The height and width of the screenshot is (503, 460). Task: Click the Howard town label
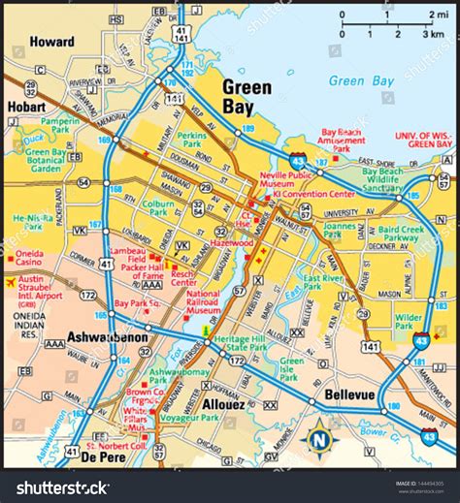[x=51, y=43]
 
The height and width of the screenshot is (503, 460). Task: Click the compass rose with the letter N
[x=317, y=438]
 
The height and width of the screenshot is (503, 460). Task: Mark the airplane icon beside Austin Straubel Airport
[x=11, y=283]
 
